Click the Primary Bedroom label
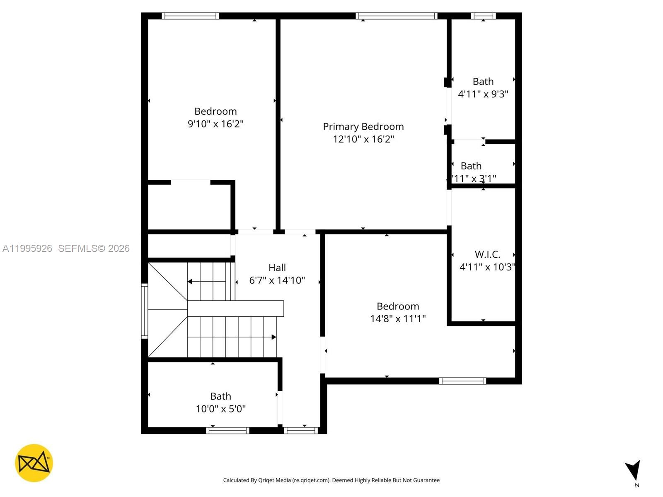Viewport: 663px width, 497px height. click(363, 127)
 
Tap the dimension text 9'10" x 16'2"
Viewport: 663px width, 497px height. click(215, 124)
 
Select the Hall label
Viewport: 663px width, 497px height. click(277, 268)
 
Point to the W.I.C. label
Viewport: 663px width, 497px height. click(487, 254)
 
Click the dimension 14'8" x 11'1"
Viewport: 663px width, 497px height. click(398, 318)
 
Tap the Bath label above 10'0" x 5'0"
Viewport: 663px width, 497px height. click(220, 396)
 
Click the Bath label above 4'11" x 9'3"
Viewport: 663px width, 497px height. click(483, 82)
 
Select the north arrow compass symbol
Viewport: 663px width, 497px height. click(634, 471)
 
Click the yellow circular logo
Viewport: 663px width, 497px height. click(34, 463)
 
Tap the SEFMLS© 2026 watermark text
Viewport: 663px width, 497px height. click(94, 248)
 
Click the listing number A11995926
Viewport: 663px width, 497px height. click(27, 248)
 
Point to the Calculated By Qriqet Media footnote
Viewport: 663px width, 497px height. click(331, 480)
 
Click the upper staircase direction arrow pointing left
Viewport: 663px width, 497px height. click(190, 282)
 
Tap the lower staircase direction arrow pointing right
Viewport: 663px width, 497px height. click(273, 337)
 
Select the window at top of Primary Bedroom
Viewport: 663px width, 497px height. click(397, 16)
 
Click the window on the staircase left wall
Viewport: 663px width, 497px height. click(144, 311)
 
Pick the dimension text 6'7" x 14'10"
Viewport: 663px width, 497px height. click(277, 280)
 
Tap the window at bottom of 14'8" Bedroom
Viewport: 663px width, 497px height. click(462, 381)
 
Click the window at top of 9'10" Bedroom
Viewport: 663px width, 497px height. click(190, 16)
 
